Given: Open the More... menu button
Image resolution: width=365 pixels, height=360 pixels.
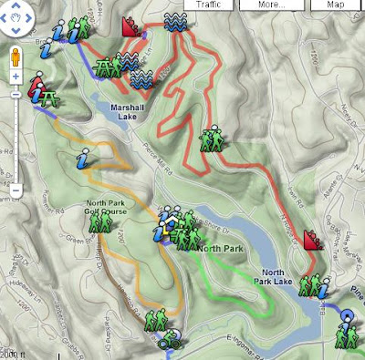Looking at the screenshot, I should click(x=270, y=5).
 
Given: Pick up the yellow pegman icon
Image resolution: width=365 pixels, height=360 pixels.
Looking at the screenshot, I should click(x=16, y=59).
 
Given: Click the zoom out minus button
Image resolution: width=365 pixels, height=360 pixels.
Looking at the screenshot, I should click(x=16, y=190).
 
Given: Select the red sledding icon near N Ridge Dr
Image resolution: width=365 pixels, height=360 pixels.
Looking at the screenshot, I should click(x=312, y=241).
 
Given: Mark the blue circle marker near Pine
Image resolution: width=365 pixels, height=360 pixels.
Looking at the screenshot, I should click(x=347, y=319).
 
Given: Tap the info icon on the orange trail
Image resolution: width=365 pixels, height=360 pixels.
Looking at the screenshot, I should click(x=83, y=162).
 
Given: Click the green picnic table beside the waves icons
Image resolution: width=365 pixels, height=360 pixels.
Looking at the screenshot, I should click(x=107, y=66).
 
